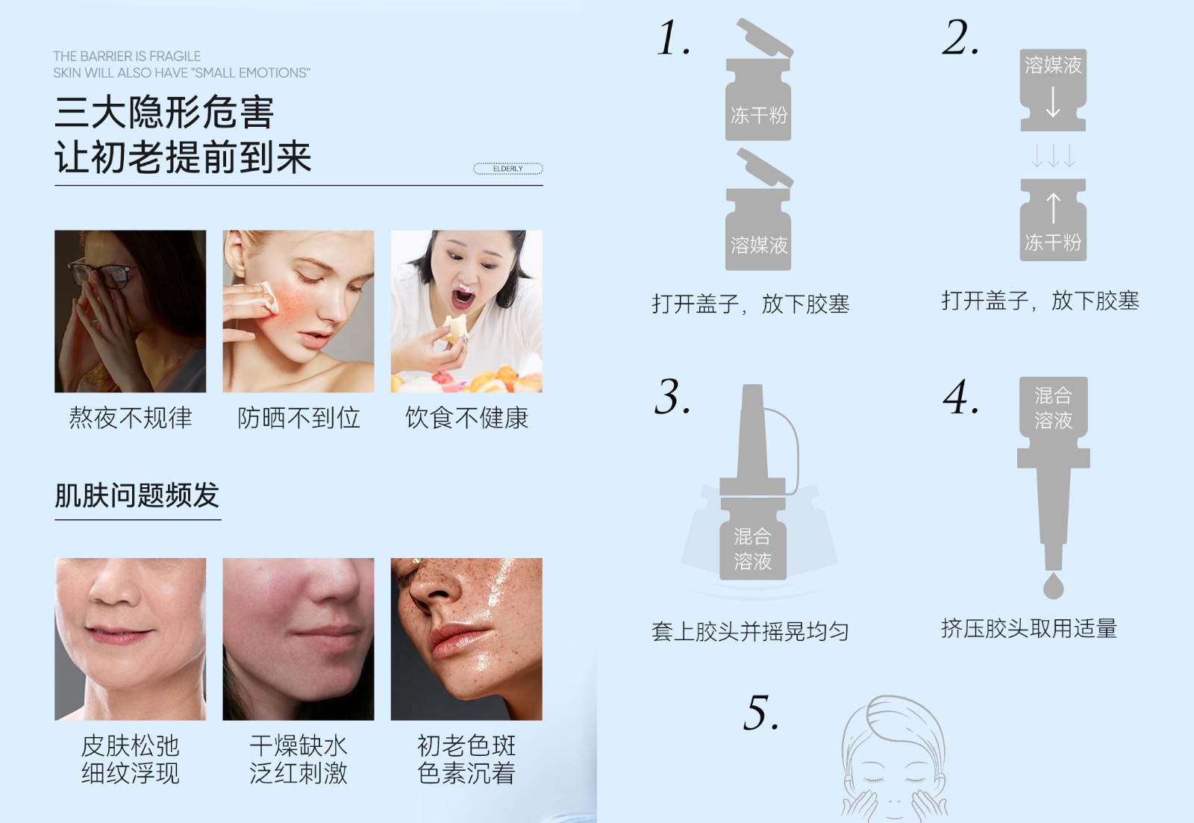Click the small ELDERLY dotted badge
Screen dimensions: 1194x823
[x=508, y=169]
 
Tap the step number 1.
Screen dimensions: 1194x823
[x=674, y=37]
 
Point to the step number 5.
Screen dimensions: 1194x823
[x=761, y=712]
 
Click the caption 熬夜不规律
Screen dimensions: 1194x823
[x=130, y=417]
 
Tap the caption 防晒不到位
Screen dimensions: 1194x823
[x=298, y=417]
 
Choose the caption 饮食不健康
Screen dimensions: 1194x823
[x=466, y=417]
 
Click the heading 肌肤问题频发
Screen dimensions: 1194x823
[x=137, y=495]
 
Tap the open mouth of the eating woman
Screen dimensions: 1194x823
[x=463, y=298]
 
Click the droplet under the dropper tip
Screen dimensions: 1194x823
[x=1053, y=586]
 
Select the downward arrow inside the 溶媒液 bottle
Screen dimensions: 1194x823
[x=1053, y=101]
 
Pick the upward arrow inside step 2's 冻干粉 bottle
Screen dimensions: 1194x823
[x=1053, y=208]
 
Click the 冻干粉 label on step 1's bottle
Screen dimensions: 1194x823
[x=758, y=115]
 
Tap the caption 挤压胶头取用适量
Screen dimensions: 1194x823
[x=1029, y=628]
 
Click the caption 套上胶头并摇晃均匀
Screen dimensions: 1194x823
[x=750, y=632]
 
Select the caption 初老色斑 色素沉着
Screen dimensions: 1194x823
[x=466, y=759]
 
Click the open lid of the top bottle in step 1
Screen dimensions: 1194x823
[x=766, y=37]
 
